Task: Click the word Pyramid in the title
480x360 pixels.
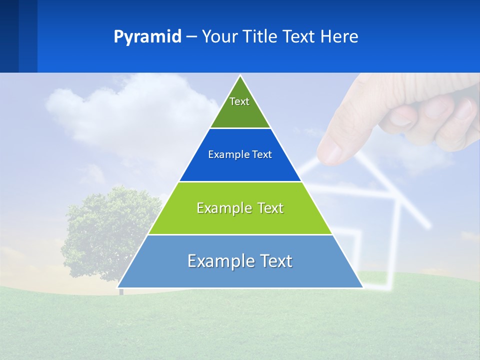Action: [x=147, y=37]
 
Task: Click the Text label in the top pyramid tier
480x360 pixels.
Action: [x=239, y=101]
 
